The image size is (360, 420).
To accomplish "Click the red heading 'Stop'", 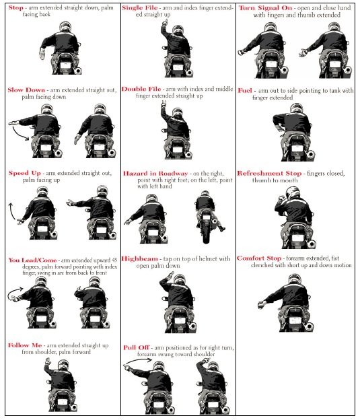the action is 15,7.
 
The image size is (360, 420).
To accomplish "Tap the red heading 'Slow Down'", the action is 26,90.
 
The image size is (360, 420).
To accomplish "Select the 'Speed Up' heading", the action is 25,173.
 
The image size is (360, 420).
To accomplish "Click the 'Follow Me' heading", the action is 25,345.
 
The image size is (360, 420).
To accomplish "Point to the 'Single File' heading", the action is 140,8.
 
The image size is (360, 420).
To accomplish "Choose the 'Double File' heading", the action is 141,90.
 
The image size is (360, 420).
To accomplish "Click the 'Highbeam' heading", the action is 139,259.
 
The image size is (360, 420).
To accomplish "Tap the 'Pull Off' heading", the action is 136,348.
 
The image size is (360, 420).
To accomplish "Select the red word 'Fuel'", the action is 245,91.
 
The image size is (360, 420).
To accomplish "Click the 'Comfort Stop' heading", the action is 259,258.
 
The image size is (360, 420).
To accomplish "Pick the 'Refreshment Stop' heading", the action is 269,173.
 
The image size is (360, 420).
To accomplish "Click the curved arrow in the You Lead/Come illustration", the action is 14,292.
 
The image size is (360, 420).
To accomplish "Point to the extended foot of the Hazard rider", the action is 222,228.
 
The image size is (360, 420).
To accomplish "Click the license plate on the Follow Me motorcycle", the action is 62,402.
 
